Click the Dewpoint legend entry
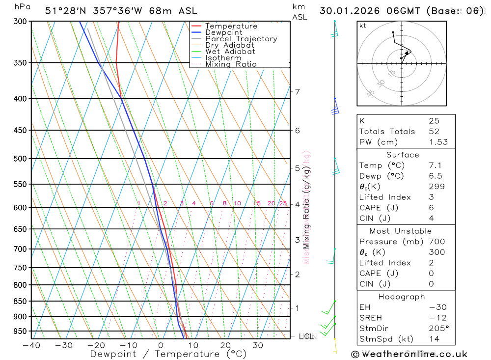point(223,32)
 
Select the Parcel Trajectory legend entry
point(241,39)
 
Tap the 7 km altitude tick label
point(297,92)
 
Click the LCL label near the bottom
point(305,336)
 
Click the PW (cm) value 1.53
point(437,142)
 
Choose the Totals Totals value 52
point(434,131)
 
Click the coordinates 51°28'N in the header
point(64,11)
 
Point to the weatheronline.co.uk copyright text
point(409,354)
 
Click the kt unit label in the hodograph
point(363,26)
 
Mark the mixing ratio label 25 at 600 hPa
point(283,203)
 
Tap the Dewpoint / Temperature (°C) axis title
point(168,354)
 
